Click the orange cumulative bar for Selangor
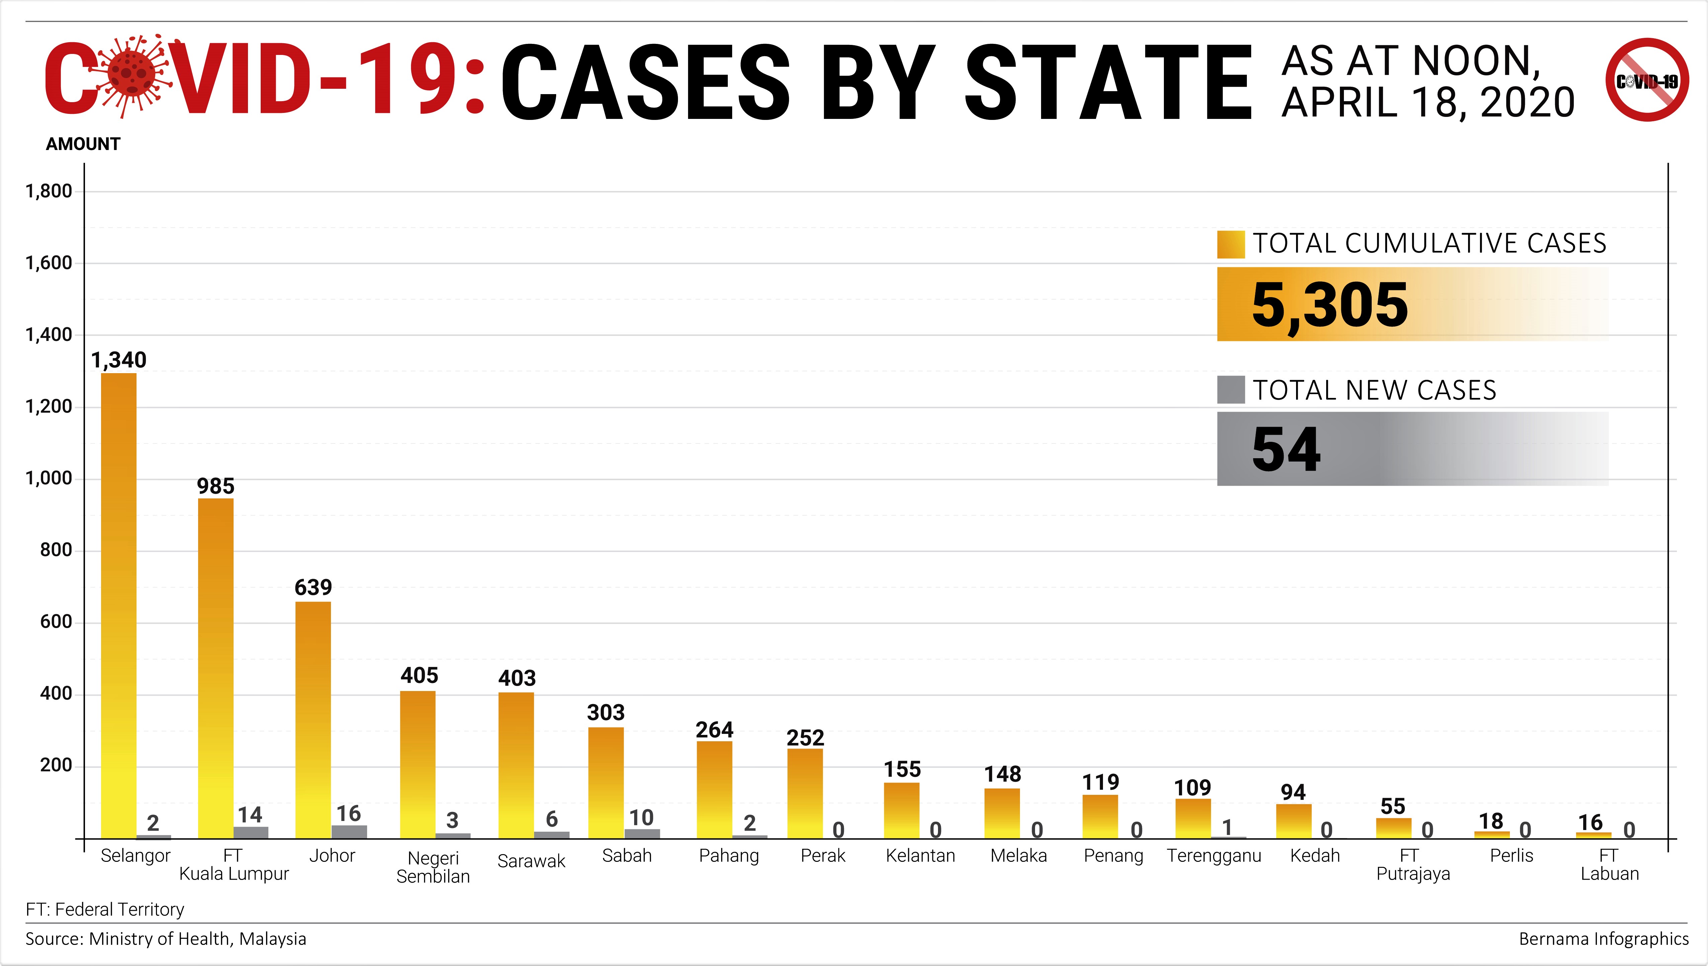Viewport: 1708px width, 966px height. [x=119, y=604]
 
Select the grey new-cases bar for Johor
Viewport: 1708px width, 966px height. [x=349, y=831]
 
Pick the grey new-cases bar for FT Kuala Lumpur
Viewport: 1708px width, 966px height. [x=251, y=832]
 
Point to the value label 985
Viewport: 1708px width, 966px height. [x=216, y=486]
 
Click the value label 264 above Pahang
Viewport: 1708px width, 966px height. [x=714, y=730]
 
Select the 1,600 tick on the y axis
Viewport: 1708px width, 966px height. [x=49, y=263]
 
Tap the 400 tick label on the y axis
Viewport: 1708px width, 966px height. [x=56, y=694]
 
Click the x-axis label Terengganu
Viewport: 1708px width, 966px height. [x=1213, y=856]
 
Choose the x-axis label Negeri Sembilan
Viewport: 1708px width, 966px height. [x=433, y=867]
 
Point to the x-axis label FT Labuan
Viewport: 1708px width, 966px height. [x=1609, y=865]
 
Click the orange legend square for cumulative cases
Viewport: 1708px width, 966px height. [x=1230, y=244]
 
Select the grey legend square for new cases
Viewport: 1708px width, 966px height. [x=1230, y=390]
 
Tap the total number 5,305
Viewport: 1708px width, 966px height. [x=1330, y=305]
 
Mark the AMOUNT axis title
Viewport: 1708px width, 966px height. [x=83, y=144]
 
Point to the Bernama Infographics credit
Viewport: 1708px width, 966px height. [x=1603, y=939]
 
